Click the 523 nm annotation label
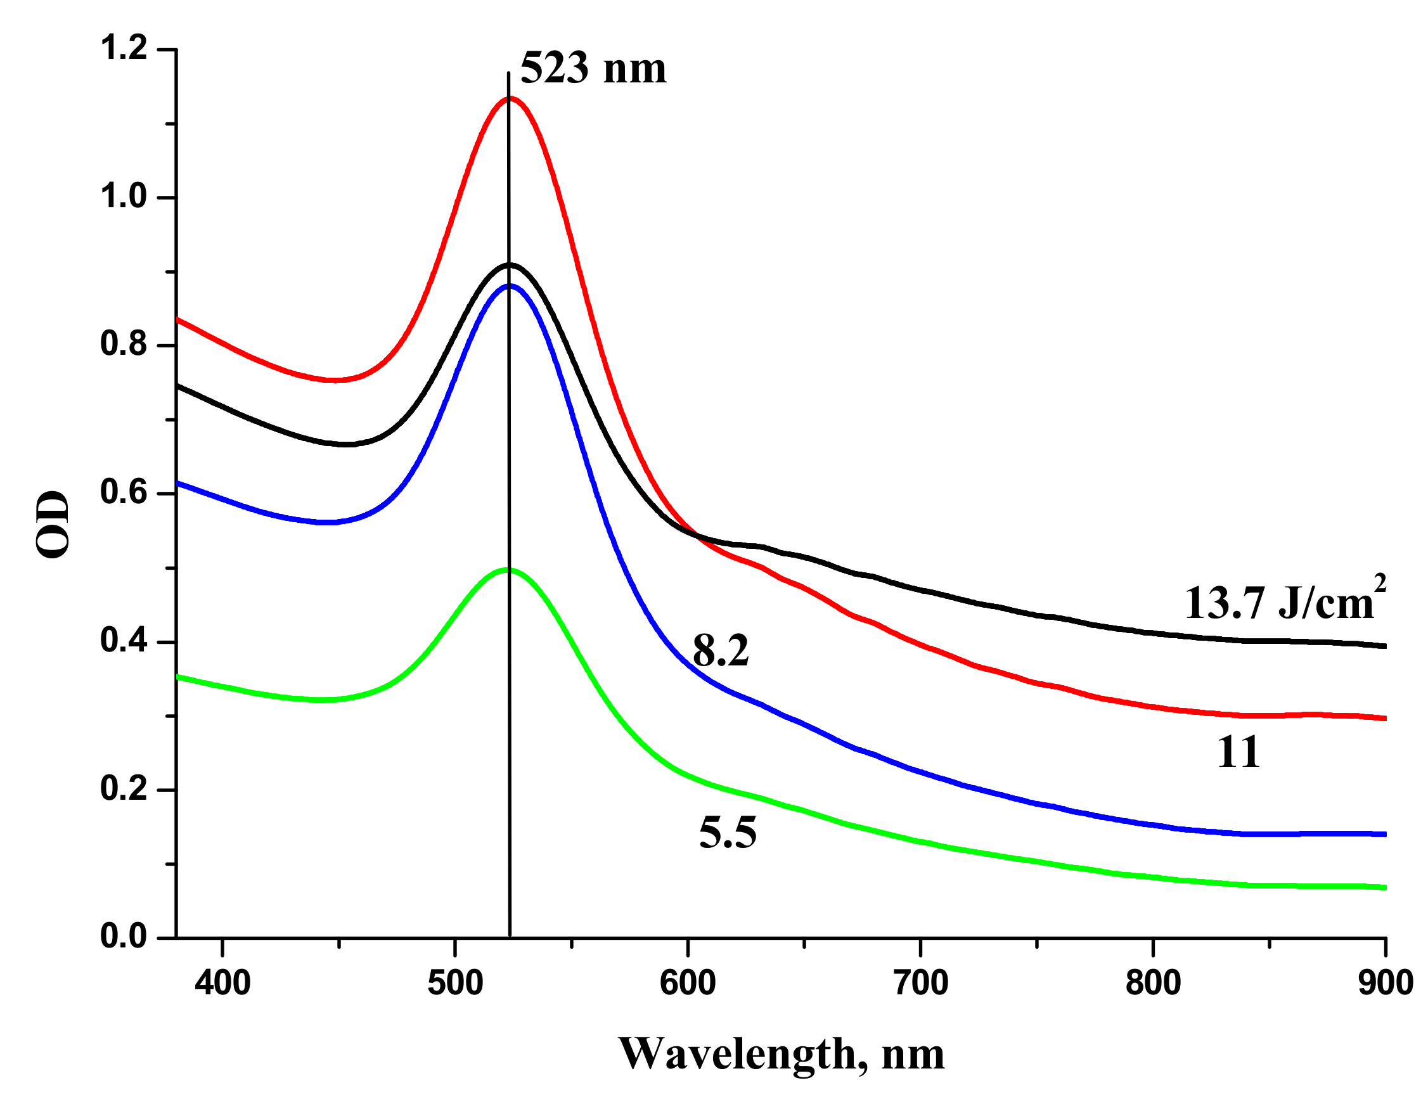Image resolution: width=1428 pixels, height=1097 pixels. click(x=592, y=68)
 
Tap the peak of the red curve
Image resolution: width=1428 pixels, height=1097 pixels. click(x=509, y=99)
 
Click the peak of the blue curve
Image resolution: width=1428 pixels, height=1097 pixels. click(x=509, y=285)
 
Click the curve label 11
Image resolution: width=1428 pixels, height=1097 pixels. click(x=1238, y=752)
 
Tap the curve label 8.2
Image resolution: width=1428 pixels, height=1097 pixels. click(x=720, y=650)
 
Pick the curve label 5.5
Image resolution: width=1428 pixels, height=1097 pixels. click(x=728, y=833)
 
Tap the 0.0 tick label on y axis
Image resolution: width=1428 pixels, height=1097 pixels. click(x=124, y=937)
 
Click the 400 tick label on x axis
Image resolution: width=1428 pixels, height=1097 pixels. click(x=222, y=983)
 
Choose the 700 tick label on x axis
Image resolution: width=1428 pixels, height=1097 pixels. click(x=920, y=983)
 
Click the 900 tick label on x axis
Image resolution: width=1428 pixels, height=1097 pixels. click(x=1385, y=983)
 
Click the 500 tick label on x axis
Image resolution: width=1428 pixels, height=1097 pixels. click(x=455, y=983)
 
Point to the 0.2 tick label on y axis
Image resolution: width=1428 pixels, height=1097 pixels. click(x=124, y=789)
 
